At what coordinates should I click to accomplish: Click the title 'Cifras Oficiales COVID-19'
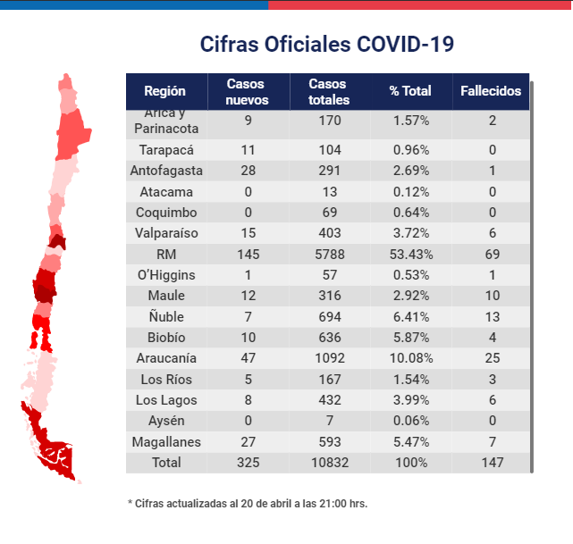[326, 44]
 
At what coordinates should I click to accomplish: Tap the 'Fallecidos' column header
[491, 91]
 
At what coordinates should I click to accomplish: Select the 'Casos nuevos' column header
[247, 92]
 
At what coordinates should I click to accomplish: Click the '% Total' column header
[410, 90]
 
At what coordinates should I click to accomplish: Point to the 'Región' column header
[164, 91]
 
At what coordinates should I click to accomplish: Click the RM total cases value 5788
[330, 254]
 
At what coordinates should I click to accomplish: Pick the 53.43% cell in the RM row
[411, 254]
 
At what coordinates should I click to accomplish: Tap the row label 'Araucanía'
[166, 358]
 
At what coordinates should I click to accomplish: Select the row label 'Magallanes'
[166, 442]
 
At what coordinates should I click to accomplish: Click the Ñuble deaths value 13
[493, 317]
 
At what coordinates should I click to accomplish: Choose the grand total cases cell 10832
[330, 463]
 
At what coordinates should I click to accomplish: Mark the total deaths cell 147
[493, 463]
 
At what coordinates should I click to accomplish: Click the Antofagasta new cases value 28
[248, 171]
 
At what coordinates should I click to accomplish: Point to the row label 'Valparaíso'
[166, 233]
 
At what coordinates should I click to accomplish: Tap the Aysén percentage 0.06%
[411, 421]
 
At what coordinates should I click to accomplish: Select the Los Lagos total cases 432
[330, 400]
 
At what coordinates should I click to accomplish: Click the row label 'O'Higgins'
[166, 275]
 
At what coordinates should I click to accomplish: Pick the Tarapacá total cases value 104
[330, 150]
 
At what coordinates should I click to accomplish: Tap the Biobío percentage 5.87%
[411, 338]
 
